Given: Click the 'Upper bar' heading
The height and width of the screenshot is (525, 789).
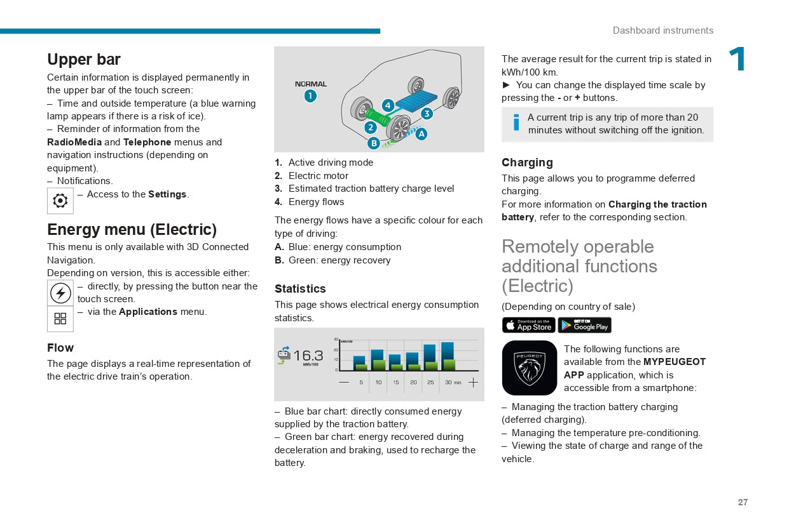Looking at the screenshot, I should pyautogui.click(x=84, y=60).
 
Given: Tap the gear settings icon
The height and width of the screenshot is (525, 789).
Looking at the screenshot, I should pyautogui.click(x=60, y=201).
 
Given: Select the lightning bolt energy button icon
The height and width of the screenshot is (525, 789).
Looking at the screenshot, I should pyautogui.click(x=60, y=293).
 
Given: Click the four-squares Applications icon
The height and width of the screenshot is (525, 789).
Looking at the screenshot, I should pyautogui.click(x=60, y=319).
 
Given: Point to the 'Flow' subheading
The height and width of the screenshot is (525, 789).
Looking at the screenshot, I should pyautogui.click(x=60, y=348).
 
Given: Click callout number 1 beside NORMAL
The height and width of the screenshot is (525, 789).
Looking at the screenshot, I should pyautogui.click(x=310, y=96).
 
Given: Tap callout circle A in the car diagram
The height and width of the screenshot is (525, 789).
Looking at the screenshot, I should pyautogui.click(x=421, y=134).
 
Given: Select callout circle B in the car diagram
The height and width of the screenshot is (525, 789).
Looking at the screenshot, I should pyautogui.click(x=374, y=143).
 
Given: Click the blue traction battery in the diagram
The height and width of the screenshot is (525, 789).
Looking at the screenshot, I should pyautogui.click(x=416, y=101).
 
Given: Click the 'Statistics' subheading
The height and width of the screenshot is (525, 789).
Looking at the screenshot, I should pyautogui.click(x=300, y=289).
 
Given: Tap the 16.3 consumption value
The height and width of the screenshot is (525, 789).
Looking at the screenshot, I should pyautogui.click(x=308, y=356).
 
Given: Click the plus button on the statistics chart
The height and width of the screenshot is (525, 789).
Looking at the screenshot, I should pyautogui.click(x=473, y=382).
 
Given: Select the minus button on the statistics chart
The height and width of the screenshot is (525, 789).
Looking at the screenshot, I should pyautogui.click(x=344, y=382).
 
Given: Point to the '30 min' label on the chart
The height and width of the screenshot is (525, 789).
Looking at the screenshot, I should pyautogui.click(x=453, y=382).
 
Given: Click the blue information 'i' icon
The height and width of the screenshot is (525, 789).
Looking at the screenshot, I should pyautogui.click(x=516, y=123).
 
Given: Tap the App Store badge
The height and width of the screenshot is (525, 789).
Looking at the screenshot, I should pyautogui.click(x=528, y=326).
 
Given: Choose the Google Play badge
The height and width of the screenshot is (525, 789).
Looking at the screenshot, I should pyautogui.click(x=584, y=326).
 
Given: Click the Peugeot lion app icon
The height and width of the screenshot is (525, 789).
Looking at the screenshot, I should pyautogui.click(x=529, y=368).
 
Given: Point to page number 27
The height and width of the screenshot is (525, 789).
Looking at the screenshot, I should pyautogui.click(x=743, y=502).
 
